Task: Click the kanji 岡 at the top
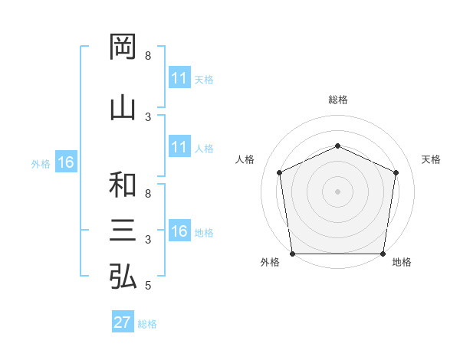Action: tap(123, 47)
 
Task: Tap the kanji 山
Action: tap(123, 109)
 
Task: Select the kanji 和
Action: tap(123, 185)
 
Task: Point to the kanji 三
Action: tap(123, 230)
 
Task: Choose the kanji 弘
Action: tap(123, 276)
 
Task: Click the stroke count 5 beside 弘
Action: tap(148, 286)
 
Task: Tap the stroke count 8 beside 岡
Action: tap(148, 56)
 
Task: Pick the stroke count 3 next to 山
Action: tap(148, 117)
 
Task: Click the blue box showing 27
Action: tap(123, 321)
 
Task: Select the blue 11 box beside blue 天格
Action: tap(180, 77)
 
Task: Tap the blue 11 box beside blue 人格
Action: tap(180, 146)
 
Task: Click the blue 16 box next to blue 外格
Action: tap(66, 162)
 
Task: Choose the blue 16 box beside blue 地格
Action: tap(180, 230)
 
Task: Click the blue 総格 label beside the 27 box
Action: tap(147, 324)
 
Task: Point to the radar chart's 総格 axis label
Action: tap(338, 100)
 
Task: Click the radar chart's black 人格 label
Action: tap(245, 159)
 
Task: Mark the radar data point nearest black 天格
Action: tap(396, 172)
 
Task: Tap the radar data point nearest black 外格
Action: tap(293, 254)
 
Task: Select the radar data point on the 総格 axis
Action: tap(337, 146)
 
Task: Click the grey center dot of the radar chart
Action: tap(337, 191)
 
